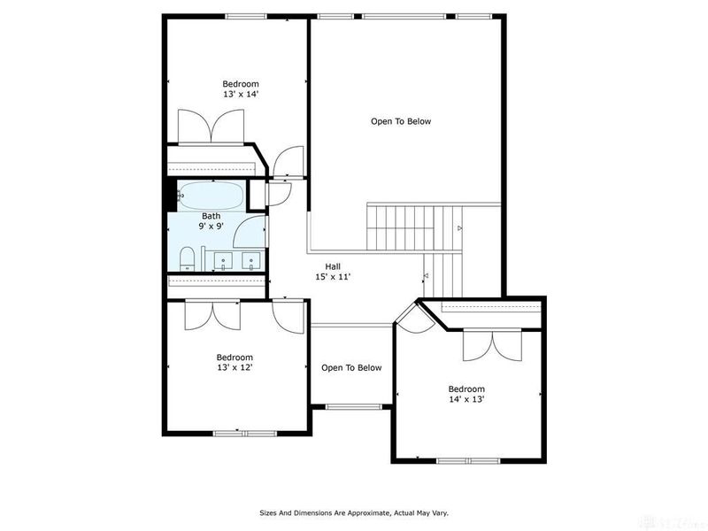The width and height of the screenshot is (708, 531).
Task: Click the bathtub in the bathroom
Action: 212,196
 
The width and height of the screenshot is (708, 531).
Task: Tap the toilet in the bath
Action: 187,258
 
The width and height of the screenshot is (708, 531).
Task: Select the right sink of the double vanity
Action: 251,261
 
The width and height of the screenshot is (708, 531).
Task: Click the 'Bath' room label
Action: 211,216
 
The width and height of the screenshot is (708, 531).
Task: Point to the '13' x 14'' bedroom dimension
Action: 240,94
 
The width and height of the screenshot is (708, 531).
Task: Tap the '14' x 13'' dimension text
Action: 466,399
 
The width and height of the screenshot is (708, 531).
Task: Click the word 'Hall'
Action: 333,266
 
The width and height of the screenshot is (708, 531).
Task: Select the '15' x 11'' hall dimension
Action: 333,277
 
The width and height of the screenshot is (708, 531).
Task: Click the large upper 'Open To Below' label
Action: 400,121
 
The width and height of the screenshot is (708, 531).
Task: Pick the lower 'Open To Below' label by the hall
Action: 351,368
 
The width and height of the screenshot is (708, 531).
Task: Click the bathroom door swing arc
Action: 252,228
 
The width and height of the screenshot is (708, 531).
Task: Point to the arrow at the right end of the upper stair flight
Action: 459,229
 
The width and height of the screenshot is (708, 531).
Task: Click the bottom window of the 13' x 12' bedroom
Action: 245,433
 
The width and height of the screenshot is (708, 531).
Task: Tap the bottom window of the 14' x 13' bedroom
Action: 468,460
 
